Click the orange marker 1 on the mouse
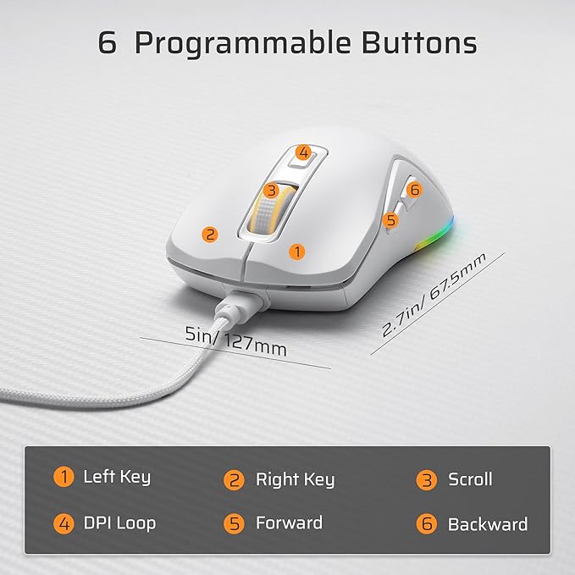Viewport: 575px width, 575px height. tap(296, 251)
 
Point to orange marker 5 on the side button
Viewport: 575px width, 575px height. tap(390, 220)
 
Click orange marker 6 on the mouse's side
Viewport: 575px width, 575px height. tap(413, 190)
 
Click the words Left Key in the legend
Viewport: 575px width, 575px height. tap(117, 477)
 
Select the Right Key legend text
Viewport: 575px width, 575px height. tap(295, 480)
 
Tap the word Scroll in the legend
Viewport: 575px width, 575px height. tap(470, 479)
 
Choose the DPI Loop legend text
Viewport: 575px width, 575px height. tap(119, 522)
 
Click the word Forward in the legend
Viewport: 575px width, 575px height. tap(289, 523)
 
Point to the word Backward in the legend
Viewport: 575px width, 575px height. tap(488, 524)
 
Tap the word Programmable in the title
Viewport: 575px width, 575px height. tap(253, 43)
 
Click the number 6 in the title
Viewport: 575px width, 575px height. tap(107, 42)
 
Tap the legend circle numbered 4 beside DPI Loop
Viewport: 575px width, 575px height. tap(63, 523)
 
